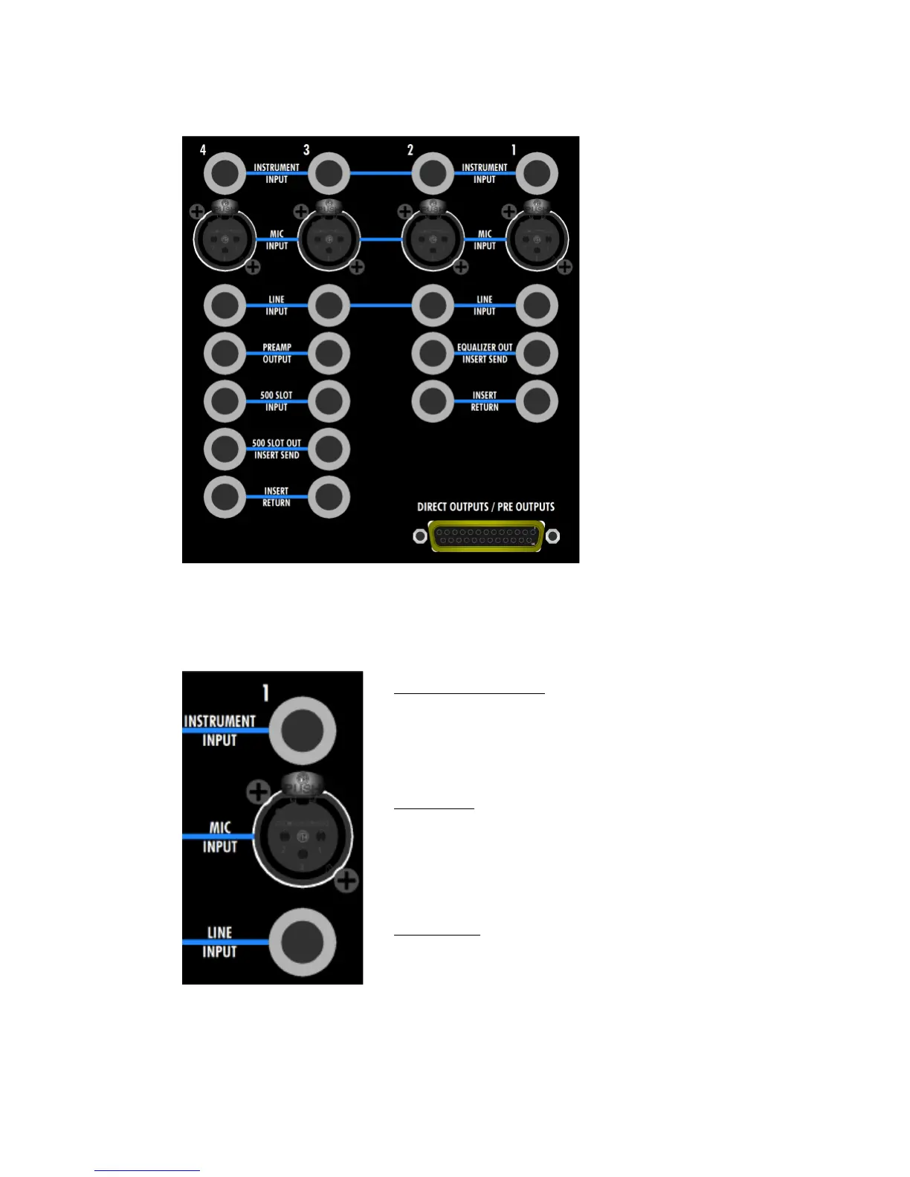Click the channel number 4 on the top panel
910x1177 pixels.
(x=203, y=150)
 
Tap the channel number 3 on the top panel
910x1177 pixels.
(x=306, y=150)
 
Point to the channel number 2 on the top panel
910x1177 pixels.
(x=410, y=150)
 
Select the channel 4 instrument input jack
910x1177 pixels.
(x=225, y=173)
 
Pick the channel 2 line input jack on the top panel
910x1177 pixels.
(x=433, y=305)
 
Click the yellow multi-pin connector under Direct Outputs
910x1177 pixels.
(x=486, y=536)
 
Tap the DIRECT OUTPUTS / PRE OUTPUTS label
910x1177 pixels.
(x=485, y=507)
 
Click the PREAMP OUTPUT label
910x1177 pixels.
(x=277, y=353)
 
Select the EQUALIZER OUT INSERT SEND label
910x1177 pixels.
(x=485, y=353)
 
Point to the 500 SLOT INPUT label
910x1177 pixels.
(x=277, y=401)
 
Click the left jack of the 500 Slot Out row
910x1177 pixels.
(x=225, y=449)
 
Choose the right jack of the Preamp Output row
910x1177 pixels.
(x=329, y=353)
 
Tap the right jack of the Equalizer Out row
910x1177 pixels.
(x=537, y=353)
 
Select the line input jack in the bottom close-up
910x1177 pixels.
(x=303, y=942)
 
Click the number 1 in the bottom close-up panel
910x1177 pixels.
(x=265, y=693)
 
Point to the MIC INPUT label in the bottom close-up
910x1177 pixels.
(x=220, y=837)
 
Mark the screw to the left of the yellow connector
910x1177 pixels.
(x=420, y=536)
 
